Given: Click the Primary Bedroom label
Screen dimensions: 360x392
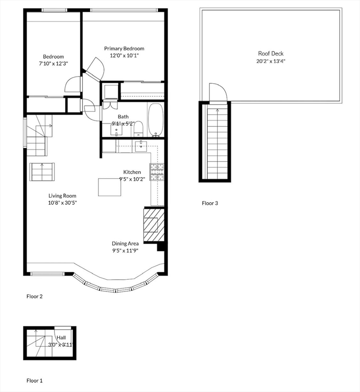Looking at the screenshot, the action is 124,48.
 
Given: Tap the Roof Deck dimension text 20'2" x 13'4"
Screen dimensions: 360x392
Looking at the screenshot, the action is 271,61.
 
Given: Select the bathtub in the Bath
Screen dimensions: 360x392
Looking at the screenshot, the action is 156,120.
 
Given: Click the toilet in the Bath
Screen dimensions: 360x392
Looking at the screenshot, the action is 138,129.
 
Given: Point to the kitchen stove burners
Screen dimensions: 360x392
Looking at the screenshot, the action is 157,171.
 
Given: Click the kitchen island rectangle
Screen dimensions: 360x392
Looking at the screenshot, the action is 110,187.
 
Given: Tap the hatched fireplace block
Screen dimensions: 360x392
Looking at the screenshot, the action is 154,225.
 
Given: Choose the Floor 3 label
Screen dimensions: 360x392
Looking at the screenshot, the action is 210,203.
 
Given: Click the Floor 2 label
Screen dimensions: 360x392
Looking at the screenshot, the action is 35,297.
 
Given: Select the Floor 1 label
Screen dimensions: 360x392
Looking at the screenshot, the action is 35,381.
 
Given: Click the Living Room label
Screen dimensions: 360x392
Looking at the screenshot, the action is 62,196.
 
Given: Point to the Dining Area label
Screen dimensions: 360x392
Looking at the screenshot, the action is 125,243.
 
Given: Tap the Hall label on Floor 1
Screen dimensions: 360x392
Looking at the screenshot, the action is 61,337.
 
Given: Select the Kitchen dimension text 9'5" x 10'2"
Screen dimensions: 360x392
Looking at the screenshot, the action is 132,179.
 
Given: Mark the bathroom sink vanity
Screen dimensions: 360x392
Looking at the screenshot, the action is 116,130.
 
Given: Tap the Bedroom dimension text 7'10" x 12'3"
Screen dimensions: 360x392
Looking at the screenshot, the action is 53,63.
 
